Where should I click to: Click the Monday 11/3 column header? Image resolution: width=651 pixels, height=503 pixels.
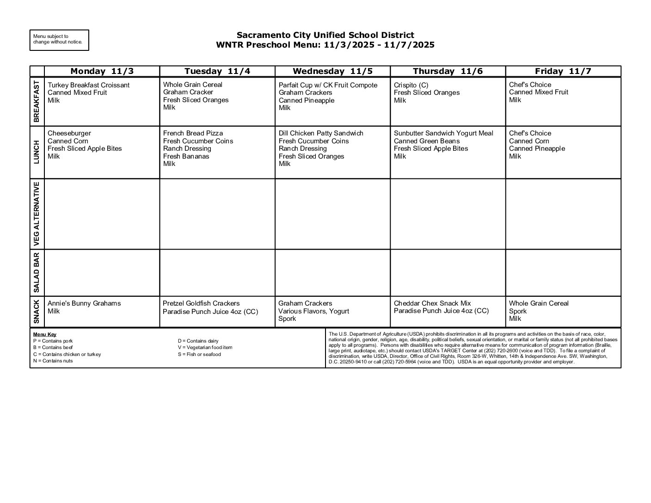102,71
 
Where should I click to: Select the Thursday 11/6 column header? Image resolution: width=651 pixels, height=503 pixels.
448,71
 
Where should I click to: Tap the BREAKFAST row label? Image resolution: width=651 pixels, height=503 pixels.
37,101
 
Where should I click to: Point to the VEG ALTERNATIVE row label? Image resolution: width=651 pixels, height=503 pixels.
37,214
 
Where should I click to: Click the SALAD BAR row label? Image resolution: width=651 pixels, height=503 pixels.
37,273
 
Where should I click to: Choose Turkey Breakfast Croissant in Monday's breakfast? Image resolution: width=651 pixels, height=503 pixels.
88,85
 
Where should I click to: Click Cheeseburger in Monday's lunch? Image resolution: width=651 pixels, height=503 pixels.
69,133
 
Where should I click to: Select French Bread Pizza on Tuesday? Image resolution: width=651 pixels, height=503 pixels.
193,133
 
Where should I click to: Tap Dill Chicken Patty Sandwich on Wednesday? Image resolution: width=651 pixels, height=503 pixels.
321,133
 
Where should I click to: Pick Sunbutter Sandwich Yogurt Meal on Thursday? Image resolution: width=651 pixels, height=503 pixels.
443,133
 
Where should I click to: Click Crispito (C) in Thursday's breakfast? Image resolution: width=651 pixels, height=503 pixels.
411,85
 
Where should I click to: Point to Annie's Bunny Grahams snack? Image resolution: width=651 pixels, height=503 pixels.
84,303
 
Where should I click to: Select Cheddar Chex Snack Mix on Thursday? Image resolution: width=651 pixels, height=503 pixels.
432,303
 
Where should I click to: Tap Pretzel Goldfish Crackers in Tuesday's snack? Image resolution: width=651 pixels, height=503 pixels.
201,303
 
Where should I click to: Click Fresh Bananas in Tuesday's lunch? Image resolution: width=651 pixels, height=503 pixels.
186,156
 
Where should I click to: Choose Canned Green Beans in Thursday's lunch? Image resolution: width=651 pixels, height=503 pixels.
427,141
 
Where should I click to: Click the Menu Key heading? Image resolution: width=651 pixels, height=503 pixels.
45,334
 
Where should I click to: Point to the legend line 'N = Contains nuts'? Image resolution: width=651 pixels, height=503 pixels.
53,361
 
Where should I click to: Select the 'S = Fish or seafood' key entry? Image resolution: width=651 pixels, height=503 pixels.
199,355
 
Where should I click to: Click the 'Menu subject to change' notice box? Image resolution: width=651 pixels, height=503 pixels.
59,40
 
